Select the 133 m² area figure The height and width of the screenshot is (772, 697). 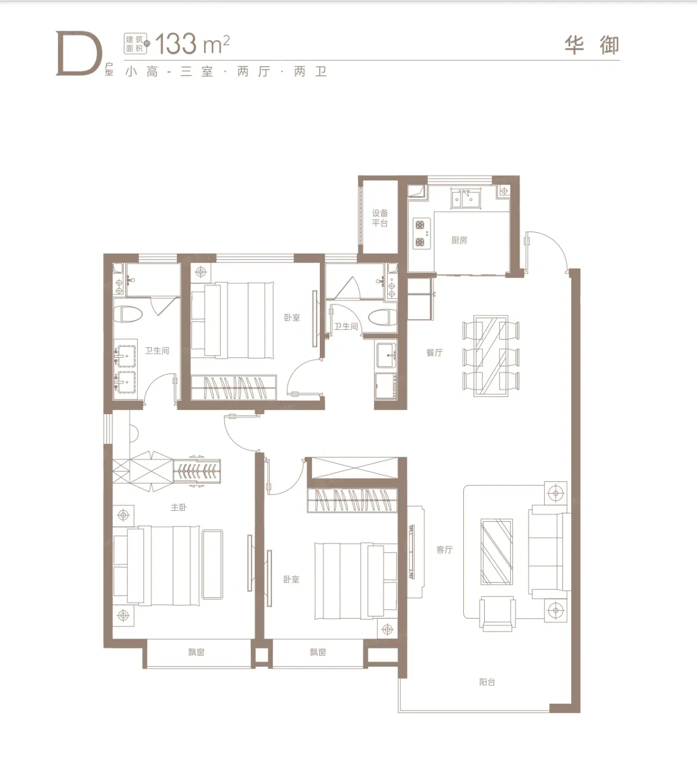[x=192, y=44]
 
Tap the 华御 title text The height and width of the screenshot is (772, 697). [x=592, y=45]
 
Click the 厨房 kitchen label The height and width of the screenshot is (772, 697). [x=459, y=240]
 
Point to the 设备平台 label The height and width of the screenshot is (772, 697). [x=380, y=218]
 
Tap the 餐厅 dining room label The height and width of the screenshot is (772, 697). [x=435, y=352]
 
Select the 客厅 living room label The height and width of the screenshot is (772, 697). [x=444, y=550]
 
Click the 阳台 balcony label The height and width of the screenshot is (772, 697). [x=487, y=682]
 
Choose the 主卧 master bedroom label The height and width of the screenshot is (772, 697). [x=179, y=507]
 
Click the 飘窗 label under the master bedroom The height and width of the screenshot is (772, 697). [x=196, y=652]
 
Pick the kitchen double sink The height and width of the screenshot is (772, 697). [x=466, y=198]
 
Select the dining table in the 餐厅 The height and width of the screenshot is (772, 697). [x=491, y=356]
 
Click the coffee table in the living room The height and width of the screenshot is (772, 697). [x=496, y=551]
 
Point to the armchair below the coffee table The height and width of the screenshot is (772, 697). [x=497, y=613]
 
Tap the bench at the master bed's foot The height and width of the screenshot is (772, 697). [x=212, y=564]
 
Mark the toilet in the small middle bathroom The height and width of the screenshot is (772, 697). [x=383, y=318]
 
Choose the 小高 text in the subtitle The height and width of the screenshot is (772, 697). [x=142, y=72]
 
